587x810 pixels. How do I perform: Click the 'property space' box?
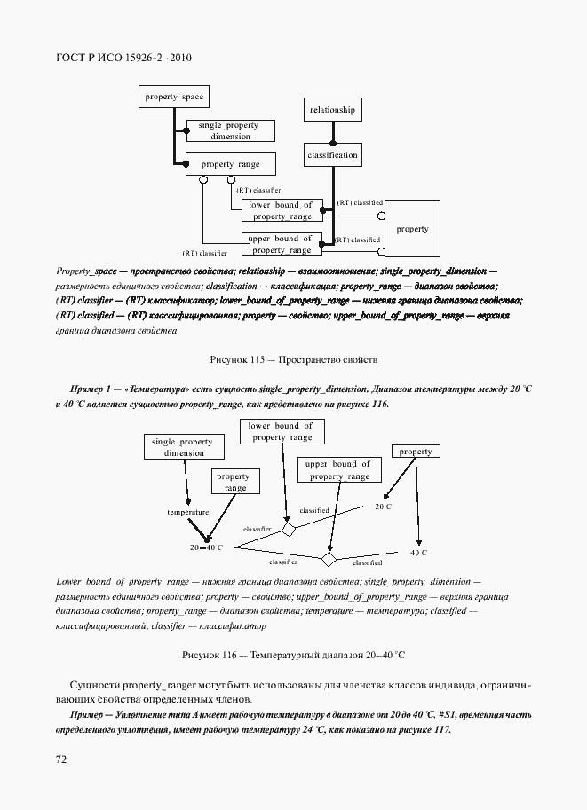click(x=174, y=97)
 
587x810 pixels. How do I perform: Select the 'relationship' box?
click(x=333, y=110)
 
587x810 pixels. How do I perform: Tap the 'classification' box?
click(x=333, y=155)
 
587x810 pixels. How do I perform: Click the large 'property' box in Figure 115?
click(x=412, y=229)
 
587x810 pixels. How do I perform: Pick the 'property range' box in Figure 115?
click(x=229, y=164)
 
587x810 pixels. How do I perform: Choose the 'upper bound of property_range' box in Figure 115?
click(x=280, y=244)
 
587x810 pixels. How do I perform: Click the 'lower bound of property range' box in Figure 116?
click(x=281, y=431)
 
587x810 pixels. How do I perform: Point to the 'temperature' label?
click(x=187, y=512)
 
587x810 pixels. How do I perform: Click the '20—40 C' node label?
click(x=207, y=548)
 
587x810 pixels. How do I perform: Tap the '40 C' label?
click(x=418, y=553)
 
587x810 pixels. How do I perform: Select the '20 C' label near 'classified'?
click(x=383, y=507)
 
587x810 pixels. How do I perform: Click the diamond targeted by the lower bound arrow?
click(x=288, y=530)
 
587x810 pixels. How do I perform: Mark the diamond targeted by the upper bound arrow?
click(x=329, y=560)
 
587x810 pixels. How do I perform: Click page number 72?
click(x=61, y=759)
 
